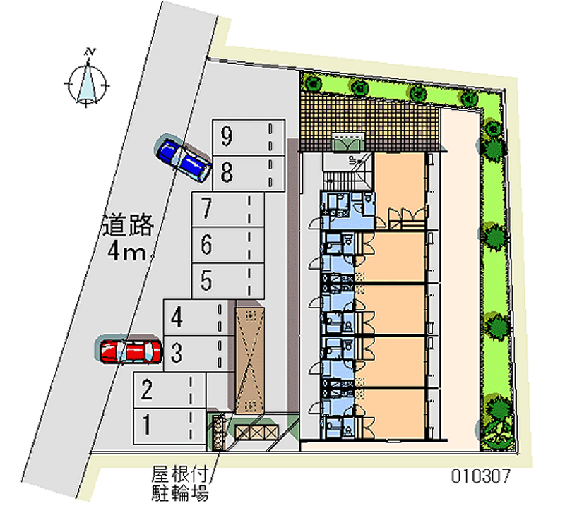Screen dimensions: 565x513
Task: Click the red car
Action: point(131,351)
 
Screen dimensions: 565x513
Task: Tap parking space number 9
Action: point(249,138)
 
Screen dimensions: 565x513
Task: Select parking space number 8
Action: point(249,173)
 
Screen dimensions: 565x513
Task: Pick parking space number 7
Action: point(227,209)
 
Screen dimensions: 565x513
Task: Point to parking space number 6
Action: point(227,245)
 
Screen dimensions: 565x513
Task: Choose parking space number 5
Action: point(227,281)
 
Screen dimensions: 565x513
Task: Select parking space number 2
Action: point(169,390)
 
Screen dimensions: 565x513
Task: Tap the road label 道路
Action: point(129,225)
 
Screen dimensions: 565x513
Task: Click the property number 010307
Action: point(481,476)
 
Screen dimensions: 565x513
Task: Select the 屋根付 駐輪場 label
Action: point(180,483)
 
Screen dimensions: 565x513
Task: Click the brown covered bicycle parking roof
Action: point(249,361)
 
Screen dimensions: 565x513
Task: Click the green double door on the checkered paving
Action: point(348,145)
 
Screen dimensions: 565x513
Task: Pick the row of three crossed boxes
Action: point(257,432)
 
